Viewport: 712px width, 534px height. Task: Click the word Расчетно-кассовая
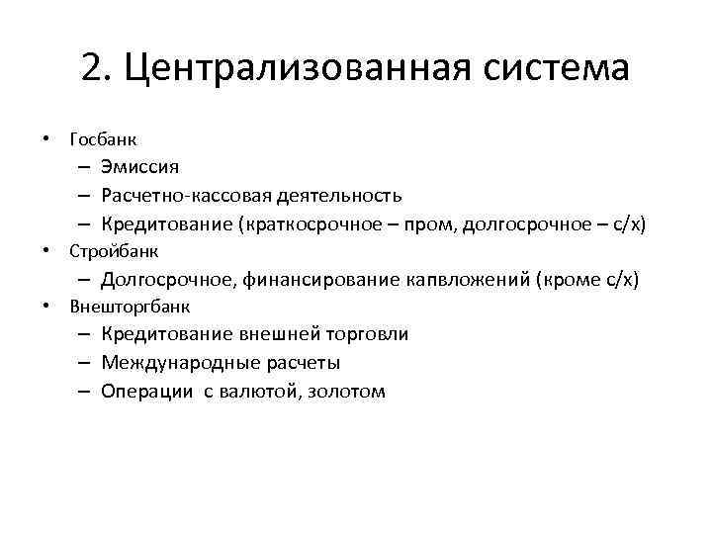(192, 196)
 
